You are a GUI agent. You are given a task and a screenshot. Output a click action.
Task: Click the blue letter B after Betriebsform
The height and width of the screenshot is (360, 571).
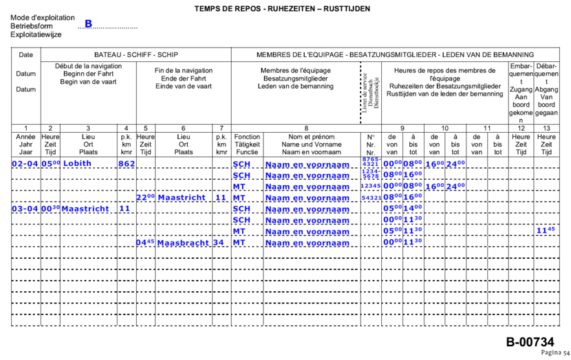88,24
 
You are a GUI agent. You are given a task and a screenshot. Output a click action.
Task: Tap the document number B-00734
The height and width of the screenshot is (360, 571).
530,341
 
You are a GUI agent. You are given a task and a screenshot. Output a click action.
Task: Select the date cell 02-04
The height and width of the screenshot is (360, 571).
25,164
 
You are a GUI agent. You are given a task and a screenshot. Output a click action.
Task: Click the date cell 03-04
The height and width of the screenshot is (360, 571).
25,209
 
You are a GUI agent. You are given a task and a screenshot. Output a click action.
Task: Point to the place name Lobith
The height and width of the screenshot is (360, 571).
76,164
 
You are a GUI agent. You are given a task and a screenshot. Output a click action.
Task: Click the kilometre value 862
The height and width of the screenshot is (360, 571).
126,164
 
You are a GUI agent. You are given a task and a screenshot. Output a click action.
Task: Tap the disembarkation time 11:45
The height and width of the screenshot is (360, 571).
546,231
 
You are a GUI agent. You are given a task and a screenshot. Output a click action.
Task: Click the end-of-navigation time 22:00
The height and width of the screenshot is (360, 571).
144,198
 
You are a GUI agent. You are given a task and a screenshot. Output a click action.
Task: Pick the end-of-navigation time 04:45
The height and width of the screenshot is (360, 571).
144,242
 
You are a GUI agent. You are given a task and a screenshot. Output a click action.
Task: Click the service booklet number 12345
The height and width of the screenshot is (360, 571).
371,187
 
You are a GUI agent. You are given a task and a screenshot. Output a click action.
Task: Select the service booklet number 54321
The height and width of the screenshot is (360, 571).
371,198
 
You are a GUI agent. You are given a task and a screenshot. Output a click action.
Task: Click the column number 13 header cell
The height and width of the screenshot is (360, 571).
546,128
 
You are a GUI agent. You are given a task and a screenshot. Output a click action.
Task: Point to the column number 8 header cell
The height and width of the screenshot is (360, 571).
305,128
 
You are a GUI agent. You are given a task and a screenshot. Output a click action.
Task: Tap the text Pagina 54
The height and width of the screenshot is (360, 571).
555,352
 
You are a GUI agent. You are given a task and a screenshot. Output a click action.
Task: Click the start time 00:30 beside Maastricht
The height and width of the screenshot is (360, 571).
50,209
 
